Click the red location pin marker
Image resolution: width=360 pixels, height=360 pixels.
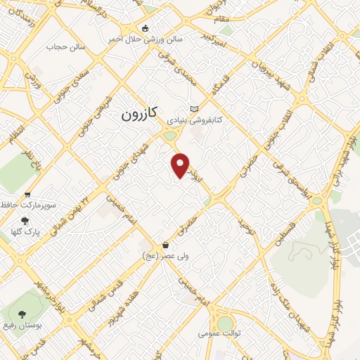[x=181, y=165]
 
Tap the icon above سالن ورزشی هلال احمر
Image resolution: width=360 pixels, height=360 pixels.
[x=146, y=28]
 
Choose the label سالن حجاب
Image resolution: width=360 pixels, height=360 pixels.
[x=66, y=46]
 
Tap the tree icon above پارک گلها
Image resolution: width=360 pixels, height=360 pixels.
[x=27, y=220]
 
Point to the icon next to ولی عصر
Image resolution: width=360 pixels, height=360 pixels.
[x=165, y=245]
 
